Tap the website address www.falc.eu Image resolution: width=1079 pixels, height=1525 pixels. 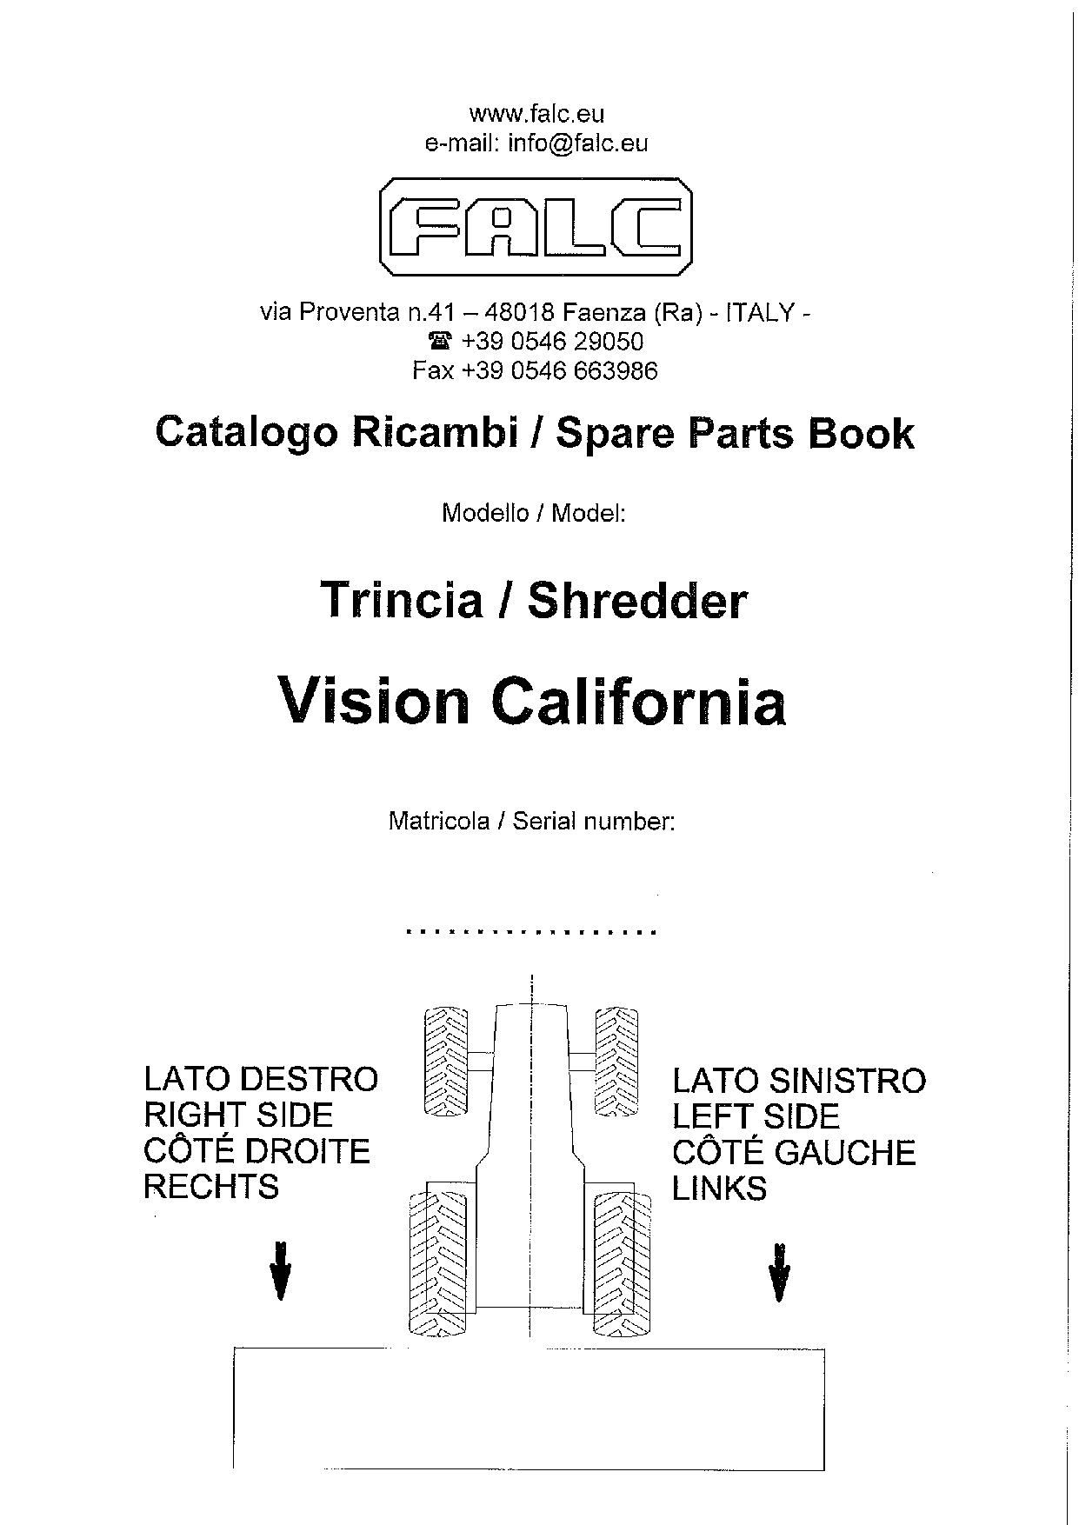536,114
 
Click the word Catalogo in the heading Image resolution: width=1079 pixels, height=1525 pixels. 246,433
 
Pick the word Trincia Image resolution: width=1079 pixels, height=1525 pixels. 402,600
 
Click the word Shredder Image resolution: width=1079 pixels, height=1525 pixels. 637,600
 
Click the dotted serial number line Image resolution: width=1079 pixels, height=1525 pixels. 531,932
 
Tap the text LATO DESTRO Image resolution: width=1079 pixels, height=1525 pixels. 261,1079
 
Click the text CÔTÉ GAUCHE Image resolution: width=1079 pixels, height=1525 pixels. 794,1152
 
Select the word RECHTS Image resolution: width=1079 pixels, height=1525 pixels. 211,1187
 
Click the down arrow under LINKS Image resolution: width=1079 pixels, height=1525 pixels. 779,1271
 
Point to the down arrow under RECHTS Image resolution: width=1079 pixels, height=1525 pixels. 280,1270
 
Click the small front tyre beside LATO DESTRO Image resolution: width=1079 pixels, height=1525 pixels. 445,1061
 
